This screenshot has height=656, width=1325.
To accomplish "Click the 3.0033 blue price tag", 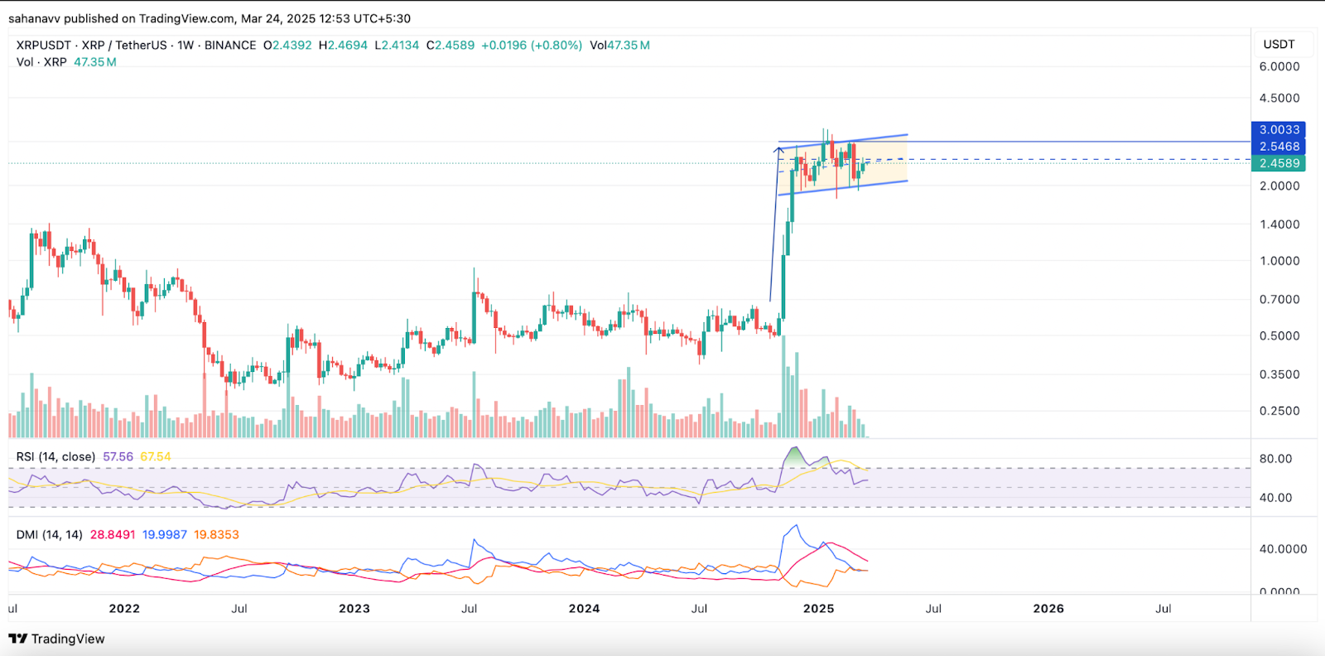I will tap(1279, 130).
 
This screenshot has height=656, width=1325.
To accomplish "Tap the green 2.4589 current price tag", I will tap(1279, 164).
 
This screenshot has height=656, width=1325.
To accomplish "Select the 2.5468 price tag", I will tap(1279, 147).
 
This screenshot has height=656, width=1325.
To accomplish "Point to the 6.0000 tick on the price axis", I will tap(1279, 67).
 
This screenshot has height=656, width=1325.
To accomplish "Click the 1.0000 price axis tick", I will tap(1279, 261).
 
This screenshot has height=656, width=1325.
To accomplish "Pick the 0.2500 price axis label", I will tap(1279, 411).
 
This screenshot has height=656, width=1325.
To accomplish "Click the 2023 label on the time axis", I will tap(354, 609).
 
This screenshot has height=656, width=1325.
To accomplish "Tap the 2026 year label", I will tap(1048, 609).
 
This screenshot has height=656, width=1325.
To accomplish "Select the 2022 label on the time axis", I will tap(124, 609).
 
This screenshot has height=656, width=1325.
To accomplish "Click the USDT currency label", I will tap(1279, 45).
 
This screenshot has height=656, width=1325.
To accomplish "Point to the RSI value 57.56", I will tap(118, 456).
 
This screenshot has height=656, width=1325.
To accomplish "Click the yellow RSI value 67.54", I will tap(156, 456).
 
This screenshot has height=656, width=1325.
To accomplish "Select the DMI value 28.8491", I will tap(113, 535).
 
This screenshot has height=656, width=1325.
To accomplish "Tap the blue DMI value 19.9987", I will tap(165, 535).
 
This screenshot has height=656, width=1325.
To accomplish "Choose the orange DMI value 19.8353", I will tap(216, 535).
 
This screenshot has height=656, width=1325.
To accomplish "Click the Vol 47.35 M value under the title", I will tap(94, 62).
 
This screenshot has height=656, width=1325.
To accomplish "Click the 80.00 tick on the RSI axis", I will tap(1275, 459).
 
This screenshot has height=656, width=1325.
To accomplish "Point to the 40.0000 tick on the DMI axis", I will tap(1282, 549).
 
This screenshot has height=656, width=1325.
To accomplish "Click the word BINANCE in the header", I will tap(230, 46).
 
